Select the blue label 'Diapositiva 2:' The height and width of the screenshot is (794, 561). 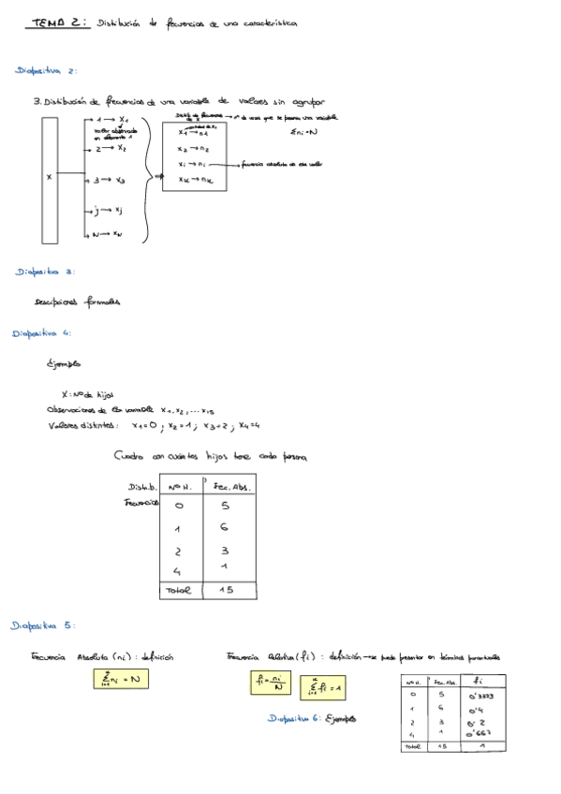click(x=46, y=70)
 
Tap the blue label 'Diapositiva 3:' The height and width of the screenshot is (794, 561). click(x=46, y=272)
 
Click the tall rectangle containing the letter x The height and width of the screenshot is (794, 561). click(x=50, y=178)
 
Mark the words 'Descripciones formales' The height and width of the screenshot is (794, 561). click(x=77, y=301)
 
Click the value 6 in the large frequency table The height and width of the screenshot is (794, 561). click(x=225, y=528)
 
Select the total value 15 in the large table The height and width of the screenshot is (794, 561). click(x=226, y=591)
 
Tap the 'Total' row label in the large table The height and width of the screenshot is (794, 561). click(x=178, y=591)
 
